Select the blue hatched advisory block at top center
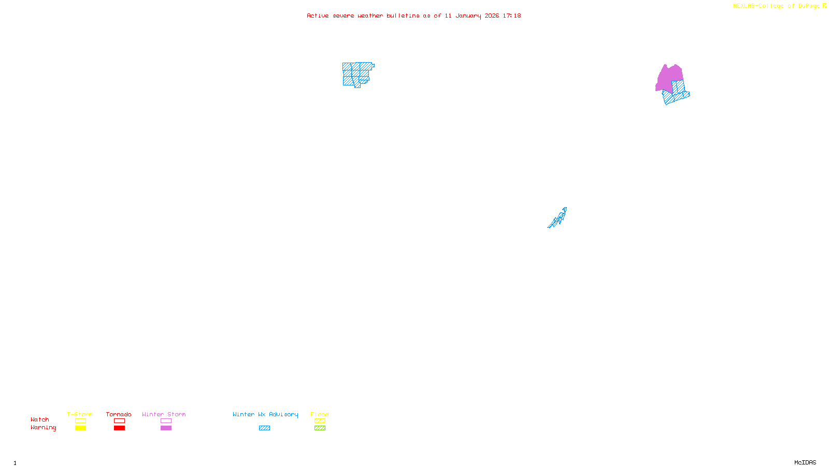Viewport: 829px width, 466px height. [356, 74]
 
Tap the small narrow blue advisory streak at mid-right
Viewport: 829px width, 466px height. [559, 218]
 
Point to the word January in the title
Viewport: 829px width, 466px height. [468, 16]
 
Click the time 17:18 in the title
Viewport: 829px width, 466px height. [511, 16]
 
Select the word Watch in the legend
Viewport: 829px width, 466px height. [40, 419]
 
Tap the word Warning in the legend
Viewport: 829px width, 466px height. [43, 428]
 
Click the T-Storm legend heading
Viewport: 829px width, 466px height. [80, 414]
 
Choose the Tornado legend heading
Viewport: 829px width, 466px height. [119, 414]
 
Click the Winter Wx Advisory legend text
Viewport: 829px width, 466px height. [265, 414]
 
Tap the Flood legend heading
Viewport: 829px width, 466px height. [320, 414]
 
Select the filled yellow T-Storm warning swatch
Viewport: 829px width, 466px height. [80, 428]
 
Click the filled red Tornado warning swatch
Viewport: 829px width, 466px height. [120, 428]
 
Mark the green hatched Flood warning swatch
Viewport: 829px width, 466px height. [320, 428]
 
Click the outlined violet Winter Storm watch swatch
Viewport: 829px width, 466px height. [166, 421]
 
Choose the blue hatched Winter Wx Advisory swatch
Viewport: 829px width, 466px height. [264, 428]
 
